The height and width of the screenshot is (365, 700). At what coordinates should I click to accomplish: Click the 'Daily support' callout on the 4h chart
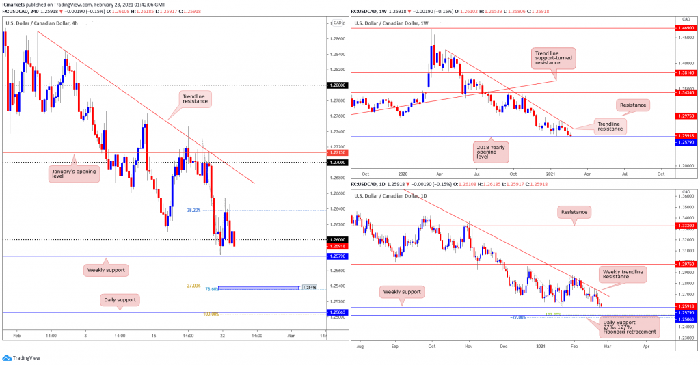[119, 299]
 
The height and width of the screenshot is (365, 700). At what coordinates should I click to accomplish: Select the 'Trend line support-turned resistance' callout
[554, 58]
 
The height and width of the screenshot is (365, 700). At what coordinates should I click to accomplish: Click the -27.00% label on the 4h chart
[193, 286]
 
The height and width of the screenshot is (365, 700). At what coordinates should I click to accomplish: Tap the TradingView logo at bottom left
[22, 357]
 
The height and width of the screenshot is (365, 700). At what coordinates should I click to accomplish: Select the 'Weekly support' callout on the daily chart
[403, 292]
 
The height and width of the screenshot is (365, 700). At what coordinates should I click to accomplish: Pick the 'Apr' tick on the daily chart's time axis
[647, 347]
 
